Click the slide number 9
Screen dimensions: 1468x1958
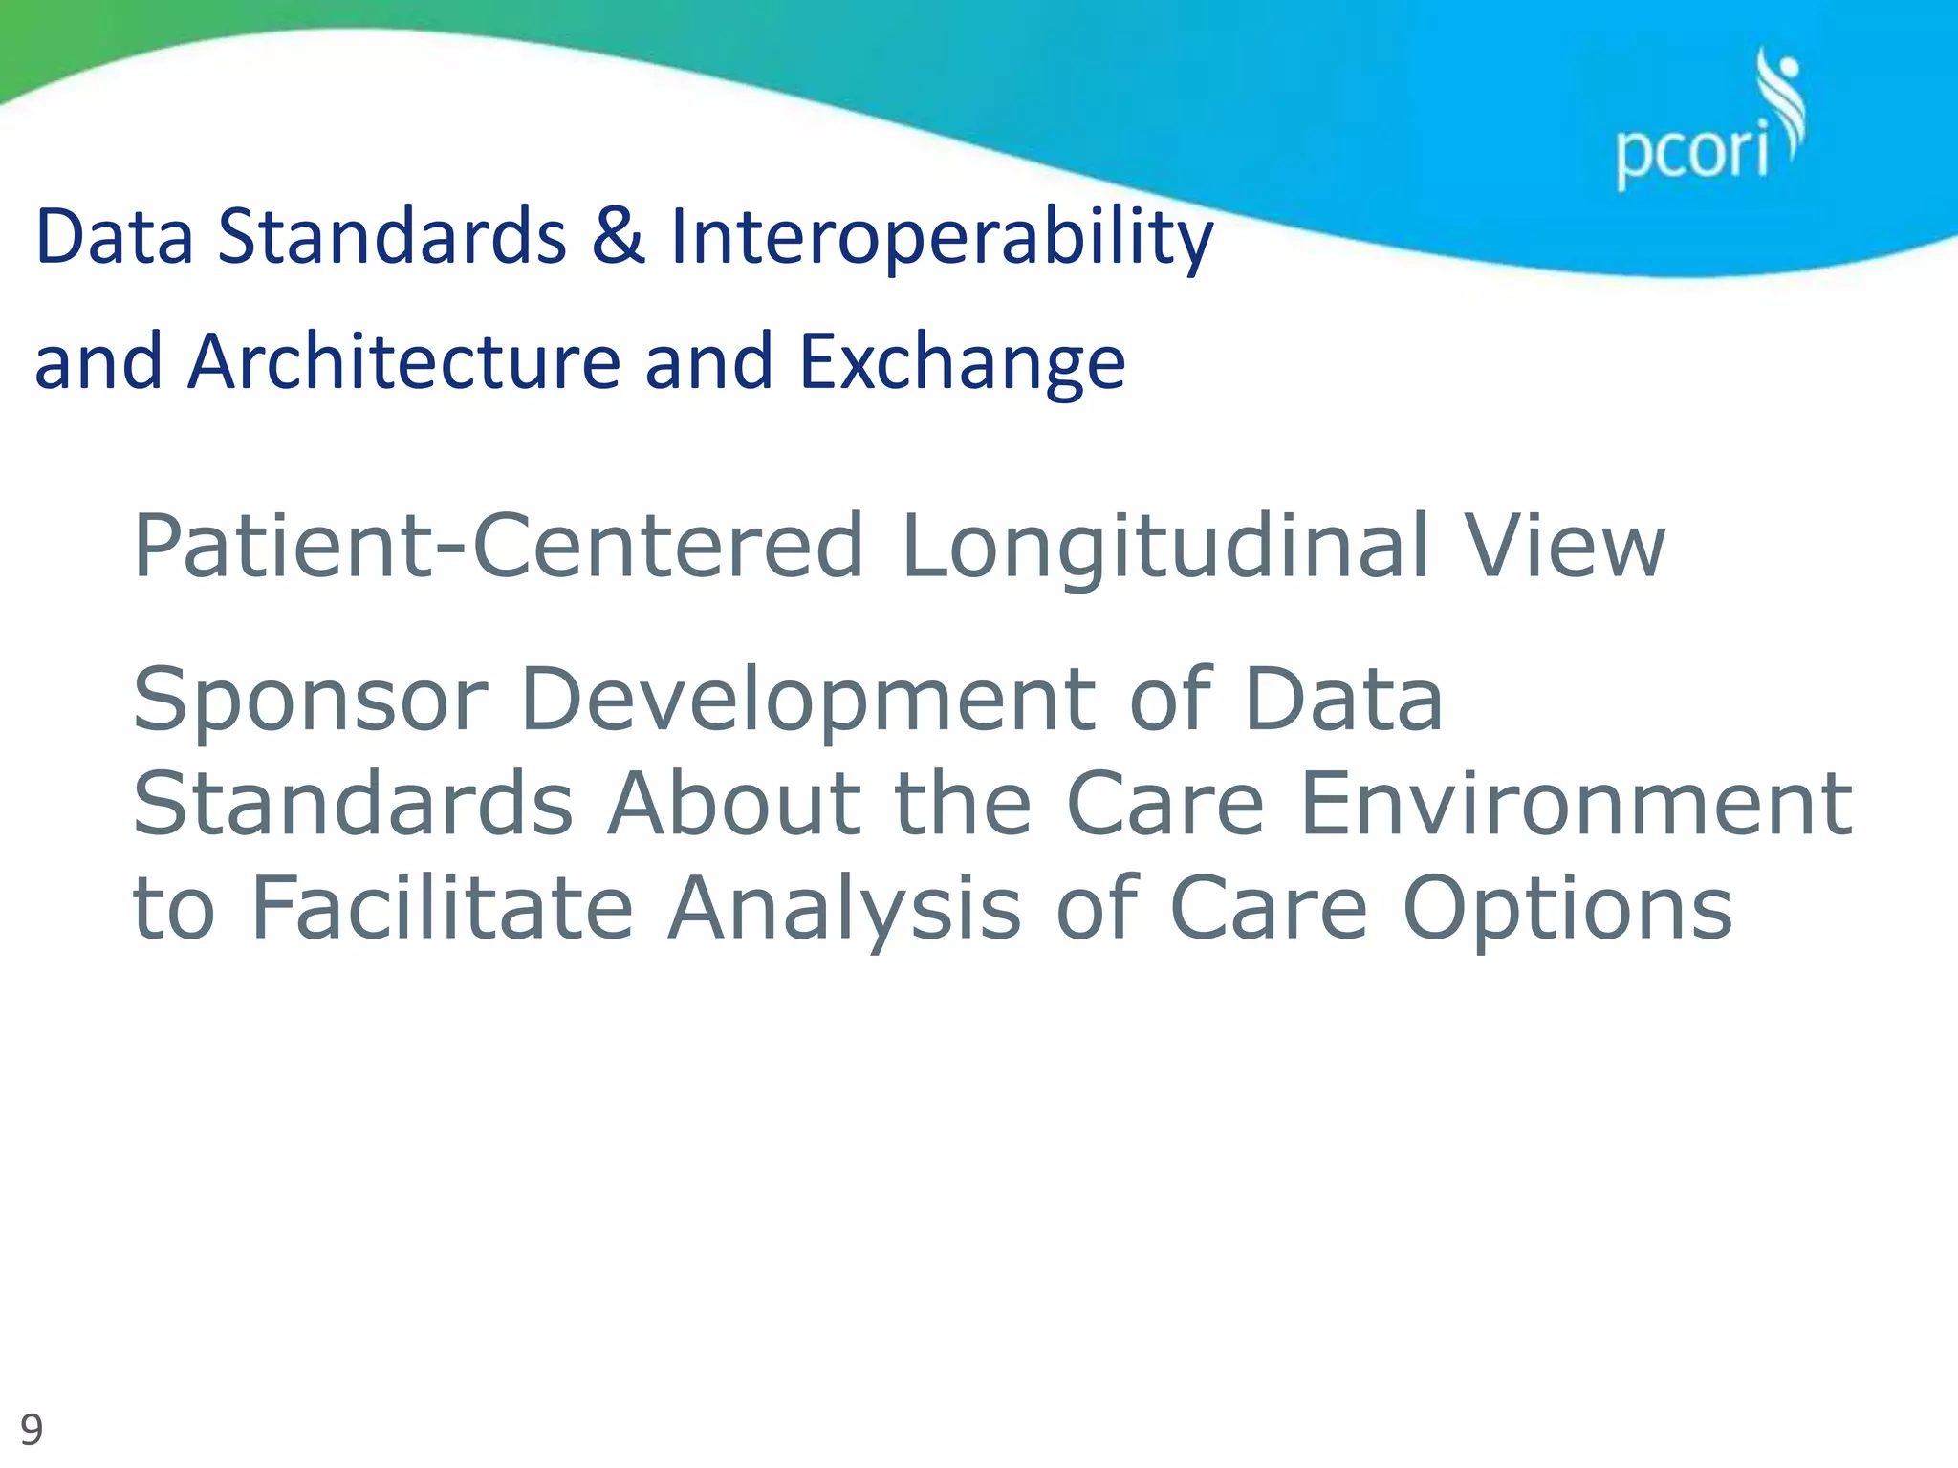(32, 1430)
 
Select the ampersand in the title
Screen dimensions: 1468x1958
(618, 236)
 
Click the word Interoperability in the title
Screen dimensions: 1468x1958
(941, 238)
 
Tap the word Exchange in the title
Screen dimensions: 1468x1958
(962, 364)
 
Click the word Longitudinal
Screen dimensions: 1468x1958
(1164, 547)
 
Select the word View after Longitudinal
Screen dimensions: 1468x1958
(1565, 547)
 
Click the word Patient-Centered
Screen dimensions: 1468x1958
(498, 547)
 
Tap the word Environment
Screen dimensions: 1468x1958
(1576, 804)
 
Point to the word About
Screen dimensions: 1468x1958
(734, 804)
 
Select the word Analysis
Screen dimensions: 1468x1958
(845, 910)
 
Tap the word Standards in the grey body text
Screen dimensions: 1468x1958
(353, 804)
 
